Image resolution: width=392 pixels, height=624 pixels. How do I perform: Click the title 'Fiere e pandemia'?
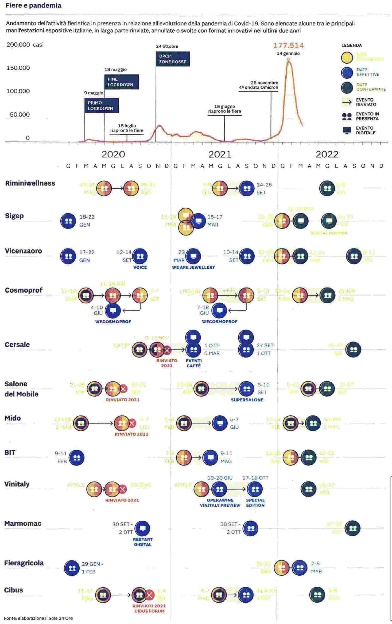(33, 6)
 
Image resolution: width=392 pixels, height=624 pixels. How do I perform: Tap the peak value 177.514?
(288, 45)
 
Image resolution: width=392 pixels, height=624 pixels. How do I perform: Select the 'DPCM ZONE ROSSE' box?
(173, 59)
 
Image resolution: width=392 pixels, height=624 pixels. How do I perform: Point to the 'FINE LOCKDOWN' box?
(121, 82)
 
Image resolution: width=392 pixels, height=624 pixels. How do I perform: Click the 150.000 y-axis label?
(18, 68)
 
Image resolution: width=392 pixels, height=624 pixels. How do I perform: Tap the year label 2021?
(219, 154)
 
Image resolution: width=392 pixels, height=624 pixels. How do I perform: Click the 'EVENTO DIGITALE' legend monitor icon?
(347, 130)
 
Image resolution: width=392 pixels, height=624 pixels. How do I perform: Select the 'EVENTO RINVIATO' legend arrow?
(347, 102)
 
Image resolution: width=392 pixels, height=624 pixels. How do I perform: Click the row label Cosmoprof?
(24, 290)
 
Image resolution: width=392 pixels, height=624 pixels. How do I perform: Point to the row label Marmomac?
(23, 524)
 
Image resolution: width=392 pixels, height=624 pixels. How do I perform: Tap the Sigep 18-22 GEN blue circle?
(68, 221)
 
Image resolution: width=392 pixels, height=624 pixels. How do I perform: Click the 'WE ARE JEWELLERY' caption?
(193, 267)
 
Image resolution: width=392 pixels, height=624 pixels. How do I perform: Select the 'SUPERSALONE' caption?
(247, 400)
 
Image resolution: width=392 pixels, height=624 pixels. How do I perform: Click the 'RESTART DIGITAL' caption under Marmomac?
(143, 542)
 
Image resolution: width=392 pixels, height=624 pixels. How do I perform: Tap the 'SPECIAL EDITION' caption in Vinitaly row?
(255, 503)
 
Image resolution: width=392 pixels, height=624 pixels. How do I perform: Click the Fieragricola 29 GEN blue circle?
(72, 568)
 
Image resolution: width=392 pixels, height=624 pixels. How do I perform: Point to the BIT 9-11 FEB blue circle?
(77, 458)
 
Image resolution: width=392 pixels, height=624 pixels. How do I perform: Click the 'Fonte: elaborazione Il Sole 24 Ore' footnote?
(38, 618)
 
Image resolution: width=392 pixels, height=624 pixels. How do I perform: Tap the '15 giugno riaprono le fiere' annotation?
(224, 109)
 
